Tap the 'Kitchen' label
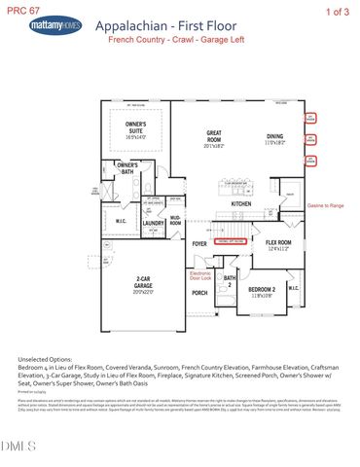(x=241, y=203)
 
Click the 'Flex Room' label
(x=279, y=245)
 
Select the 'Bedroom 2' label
(x=264, y=292)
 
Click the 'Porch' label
(x=199, y=293)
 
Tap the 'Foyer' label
(x=199, y=244)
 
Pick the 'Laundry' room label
(x=153, y=224)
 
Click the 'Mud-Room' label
(x=176, y=222)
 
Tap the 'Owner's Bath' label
(x=127, y=168)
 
